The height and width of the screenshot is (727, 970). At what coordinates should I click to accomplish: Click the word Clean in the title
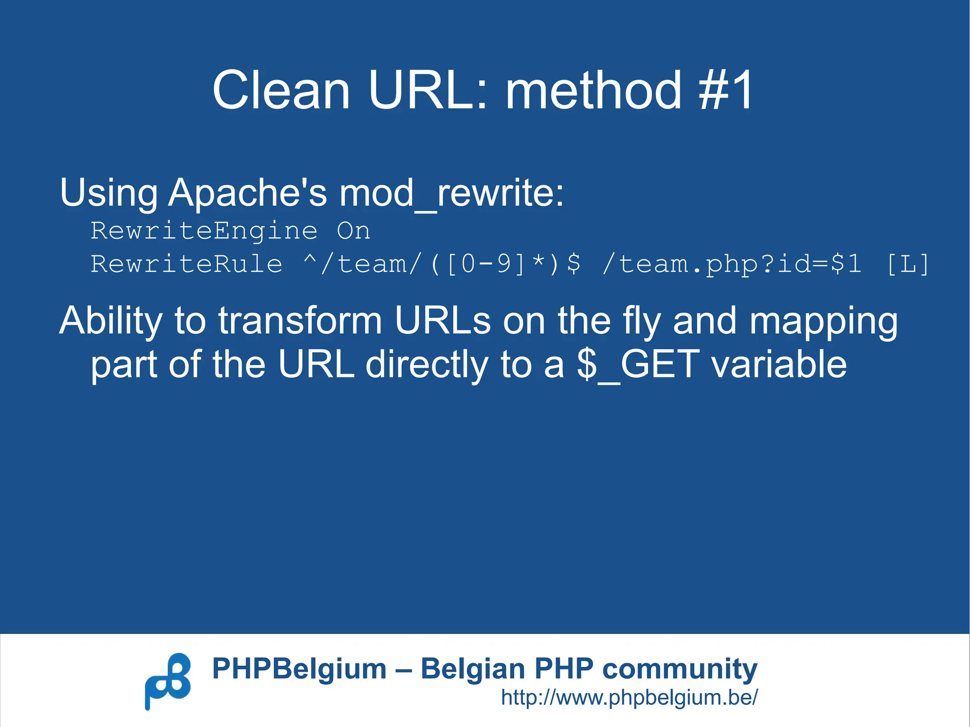point(281,90)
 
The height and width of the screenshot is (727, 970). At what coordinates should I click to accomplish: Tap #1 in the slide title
point(726,90)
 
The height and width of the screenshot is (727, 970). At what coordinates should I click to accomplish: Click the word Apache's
point(247,193)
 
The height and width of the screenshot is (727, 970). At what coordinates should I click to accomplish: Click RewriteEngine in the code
point(204,231)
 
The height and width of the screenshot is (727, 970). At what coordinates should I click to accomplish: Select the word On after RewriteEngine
point(353,231)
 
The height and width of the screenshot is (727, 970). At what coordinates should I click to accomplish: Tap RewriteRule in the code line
point(186,264)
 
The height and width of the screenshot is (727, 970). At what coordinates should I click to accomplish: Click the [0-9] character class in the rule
point(485,264)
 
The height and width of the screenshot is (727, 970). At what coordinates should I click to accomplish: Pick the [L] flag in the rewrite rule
point(907,264)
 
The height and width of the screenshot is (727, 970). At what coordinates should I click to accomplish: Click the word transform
point(300,321)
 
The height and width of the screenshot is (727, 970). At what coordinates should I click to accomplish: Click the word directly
point(427,365)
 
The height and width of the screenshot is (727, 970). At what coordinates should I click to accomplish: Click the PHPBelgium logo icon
point(168,681)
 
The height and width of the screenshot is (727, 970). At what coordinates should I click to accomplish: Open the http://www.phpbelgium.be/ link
point(629,697)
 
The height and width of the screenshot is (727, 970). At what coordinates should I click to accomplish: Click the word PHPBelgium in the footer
point(299,669)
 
